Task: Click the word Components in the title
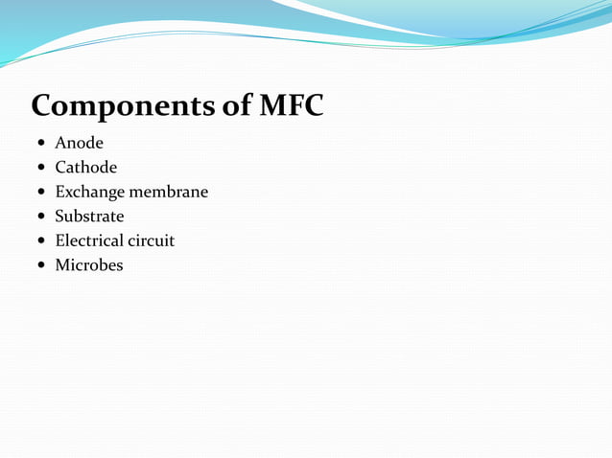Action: (x=123, y=105)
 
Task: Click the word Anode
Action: (x=79, y=144)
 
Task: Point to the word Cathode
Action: (x=85, y=168)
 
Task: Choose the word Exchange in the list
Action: (x=90, y=193)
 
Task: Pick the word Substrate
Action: (x=89, y=217)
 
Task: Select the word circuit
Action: (x=152, y=240)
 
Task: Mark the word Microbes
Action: (x=89, y=265)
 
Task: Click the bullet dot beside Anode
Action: (x=40, y=145)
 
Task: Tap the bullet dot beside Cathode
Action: (x=40, y=169)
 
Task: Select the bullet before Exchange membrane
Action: (x=40, y=193)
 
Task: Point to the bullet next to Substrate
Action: (x=40, y=218)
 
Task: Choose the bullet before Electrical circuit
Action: (x=40, y=241)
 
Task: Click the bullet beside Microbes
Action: (x=40, y=265)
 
